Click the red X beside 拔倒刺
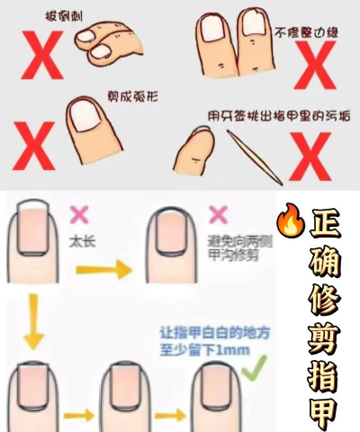click(x=42, y=55)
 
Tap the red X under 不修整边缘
click(x=315, y=65)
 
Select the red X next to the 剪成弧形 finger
click(x=34, y=146)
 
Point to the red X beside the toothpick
click(x=310, y=157)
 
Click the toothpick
click(x=255, y=157)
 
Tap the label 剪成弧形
click(x=132, y=96)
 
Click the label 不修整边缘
click(x=306, y=32)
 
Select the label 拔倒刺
click(x=64, y=16)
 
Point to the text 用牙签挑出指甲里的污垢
click(x=279, y=116)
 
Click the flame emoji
click(x=291, y=220)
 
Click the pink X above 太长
click(x=79, y=214)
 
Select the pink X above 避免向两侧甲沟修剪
click(x=218, y=214)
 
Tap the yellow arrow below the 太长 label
click(x=103, y=269)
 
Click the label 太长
click(x=82, y=242)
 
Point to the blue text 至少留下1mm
click(x=204, y=350)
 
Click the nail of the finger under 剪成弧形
click(x=86, y=115)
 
